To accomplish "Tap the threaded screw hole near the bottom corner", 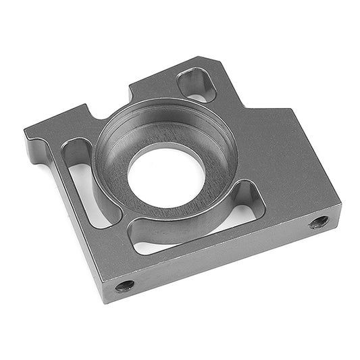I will click(124, 286).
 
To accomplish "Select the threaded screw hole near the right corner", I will click(319, 222).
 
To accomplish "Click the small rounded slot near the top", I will click(197, 86).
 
